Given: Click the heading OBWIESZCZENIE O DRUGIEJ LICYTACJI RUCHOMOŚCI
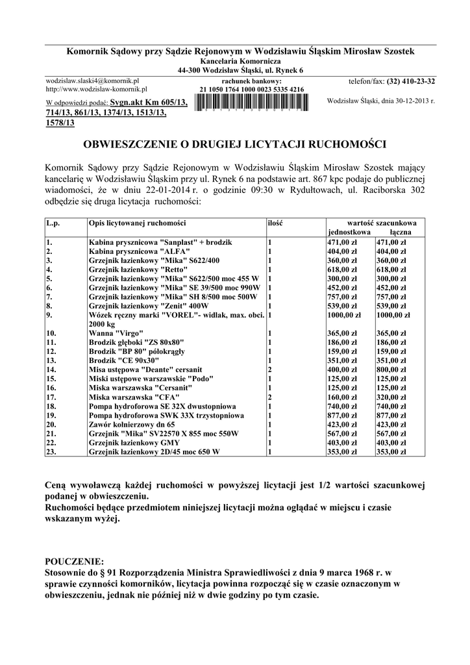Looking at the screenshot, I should [x=236, y=142].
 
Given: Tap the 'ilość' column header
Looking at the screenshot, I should [x=275, y=223].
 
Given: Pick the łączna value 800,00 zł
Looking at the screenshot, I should [x=391, y=369].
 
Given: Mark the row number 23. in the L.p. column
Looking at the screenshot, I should [x=51, y=451].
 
